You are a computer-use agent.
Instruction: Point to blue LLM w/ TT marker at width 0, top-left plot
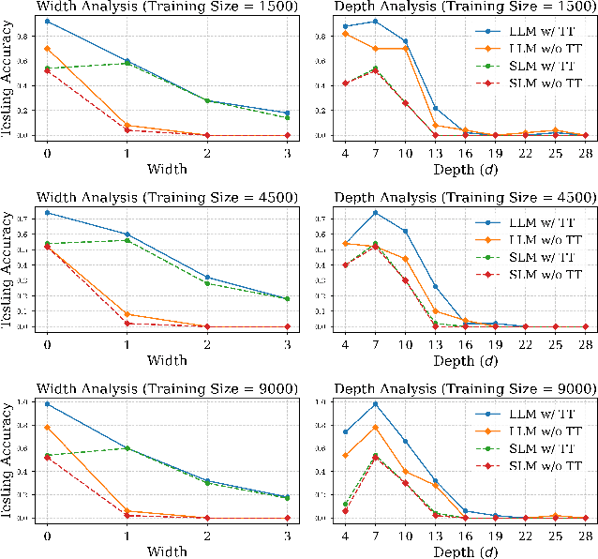47,21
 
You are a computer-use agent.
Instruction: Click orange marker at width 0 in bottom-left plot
47,428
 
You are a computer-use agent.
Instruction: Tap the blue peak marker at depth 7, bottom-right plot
375,404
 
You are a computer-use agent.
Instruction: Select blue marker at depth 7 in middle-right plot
375,213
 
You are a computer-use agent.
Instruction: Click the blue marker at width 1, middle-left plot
127,234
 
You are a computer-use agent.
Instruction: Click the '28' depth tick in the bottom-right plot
586,533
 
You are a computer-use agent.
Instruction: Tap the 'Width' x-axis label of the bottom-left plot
166,549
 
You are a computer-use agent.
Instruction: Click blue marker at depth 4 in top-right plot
346,26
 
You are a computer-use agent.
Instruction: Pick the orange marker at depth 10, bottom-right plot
406,471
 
